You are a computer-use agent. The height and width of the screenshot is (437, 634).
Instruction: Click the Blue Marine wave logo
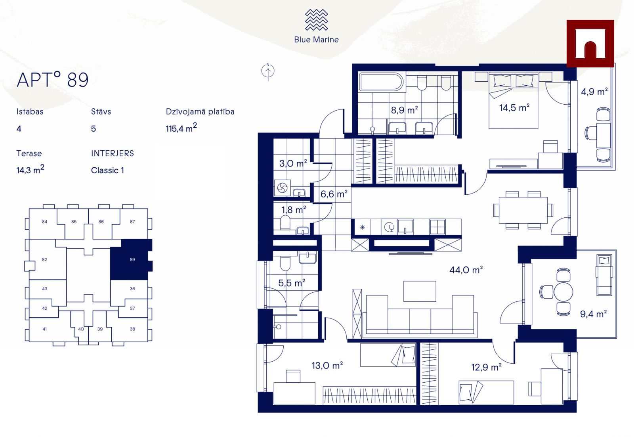pyautogui.click(x=316, y=20)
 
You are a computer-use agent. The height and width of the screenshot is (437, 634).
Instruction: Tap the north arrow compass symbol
pyautogui.click(x=268, y=71)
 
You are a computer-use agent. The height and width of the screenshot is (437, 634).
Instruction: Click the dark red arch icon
pyautogui.click(x=590, y=43)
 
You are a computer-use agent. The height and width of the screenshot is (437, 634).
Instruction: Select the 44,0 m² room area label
pyautogui.click(x=466, y=270)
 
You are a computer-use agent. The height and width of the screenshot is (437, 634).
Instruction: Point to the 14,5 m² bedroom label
pyautogui.click(x=514, y=107)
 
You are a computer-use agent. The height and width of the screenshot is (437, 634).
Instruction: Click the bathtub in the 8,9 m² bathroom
pyautogui.click(x=381, y=82)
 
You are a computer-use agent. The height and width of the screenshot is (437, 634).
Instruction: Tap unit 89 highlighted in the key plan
pyautogui.click(x=131, y=259)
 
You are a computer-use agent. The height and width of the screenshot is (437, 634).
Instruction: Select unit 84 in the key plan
pyautogui.click(x=44, y=222)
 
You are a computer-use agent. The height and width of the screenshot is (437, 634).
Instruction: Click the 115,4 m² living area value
pyautogui.click(x=181, y=128)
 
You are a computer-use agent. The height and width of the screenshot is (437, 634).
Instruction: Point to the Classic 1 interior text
pyautogui.click(x=107, y=170)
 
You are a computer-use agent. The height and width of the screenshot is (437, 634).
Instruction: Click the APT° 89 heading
pyautogui.click(x=53, y=80)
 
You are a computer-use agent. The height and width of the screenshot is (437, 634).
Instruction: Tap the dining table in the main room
pyautogui.click(x=523, y=210)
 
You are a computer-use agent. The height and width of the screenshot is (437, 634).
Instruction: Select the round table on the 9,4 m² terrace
pyautogui.click(x=563, y=292)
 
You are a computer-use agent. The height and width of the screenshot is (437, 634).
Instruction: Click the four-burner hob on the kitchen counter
pyautogui.click(x=437, y=226)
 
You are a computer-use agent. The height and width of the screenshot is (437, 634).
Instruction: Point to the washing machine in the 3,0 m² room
pyautogui.click(x=282, y=188)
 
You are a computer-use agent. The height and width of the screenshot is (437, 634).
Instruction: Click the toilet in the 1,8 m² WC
pyautogui.click(x=285, y=222)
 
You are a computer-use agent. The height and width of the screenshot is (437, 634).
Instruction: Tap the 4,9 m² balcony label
pyautogui.click(x=594, y=92)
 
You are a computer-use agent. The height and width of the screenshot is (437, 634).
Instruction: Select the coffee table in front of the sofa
pyautogui.click(x=420, y=291)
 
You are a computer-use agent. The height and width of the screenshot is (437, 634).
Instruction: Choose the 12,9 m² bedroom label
pyautogui.click(x=486, y=367)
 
